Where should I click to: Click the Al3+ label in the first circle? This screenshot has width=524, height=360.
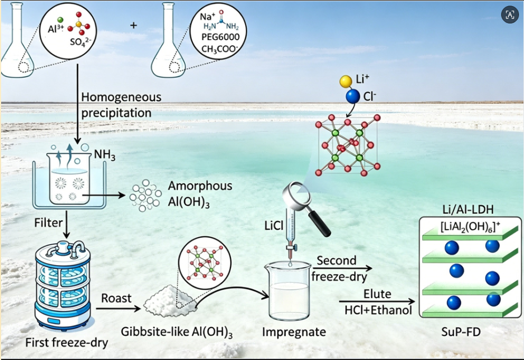click(55, 29)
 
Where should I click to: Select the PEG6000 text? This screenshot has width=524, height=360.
click(220, 37)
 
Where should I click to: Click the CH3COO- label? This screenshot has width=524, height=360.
click(220, 49)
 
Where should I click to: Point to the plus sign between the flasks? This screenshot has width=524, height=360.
click(134, 25)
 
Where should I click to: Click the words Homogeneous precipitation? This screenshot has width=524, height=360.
click(121, 105)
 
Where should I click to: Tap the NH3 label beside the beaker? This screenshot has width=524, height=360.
click(105, 155)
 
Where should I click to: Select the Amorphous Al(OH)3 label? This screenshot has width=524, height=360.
click(200, 195)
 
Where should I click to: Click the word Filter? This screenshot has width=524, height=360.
click(49, 222)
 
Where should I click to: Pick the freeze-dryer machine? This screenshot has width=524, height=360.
click(63, 284)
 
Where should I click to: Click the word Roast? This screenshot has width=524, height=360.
click(116, 298)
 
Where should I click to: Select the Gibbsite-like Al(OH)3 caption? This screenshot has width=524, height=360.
click(177, 332)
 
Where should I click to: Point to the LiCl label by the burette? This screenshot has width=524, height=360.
click(273, 226)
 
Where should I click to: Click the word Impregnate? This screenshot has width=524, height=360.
click(294, 332)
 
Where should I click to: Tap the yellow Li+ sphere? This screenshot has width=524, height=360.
click(346, 81)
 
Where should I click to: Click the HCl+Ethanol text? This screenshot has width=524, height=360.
click(378, 310)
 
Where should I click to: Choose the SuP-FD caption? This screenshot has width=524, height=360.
click(461, 332)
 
